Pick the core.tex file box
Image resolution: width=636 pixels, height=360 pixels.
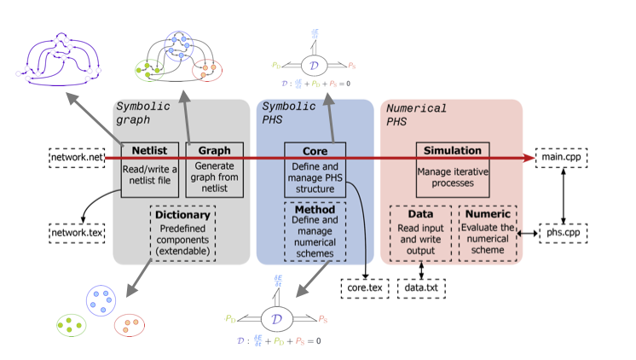367,289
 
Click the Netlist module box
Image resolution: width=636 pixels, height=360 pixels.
149,170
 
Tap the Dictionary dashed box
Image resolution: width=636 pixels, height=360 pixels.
182,230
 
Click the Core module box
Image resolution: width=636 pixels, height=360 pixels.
315,170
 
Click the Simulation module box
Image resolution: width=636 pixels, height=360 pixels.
454,162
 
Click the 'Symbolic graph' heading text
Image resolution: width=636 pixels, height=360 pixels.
142,113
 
